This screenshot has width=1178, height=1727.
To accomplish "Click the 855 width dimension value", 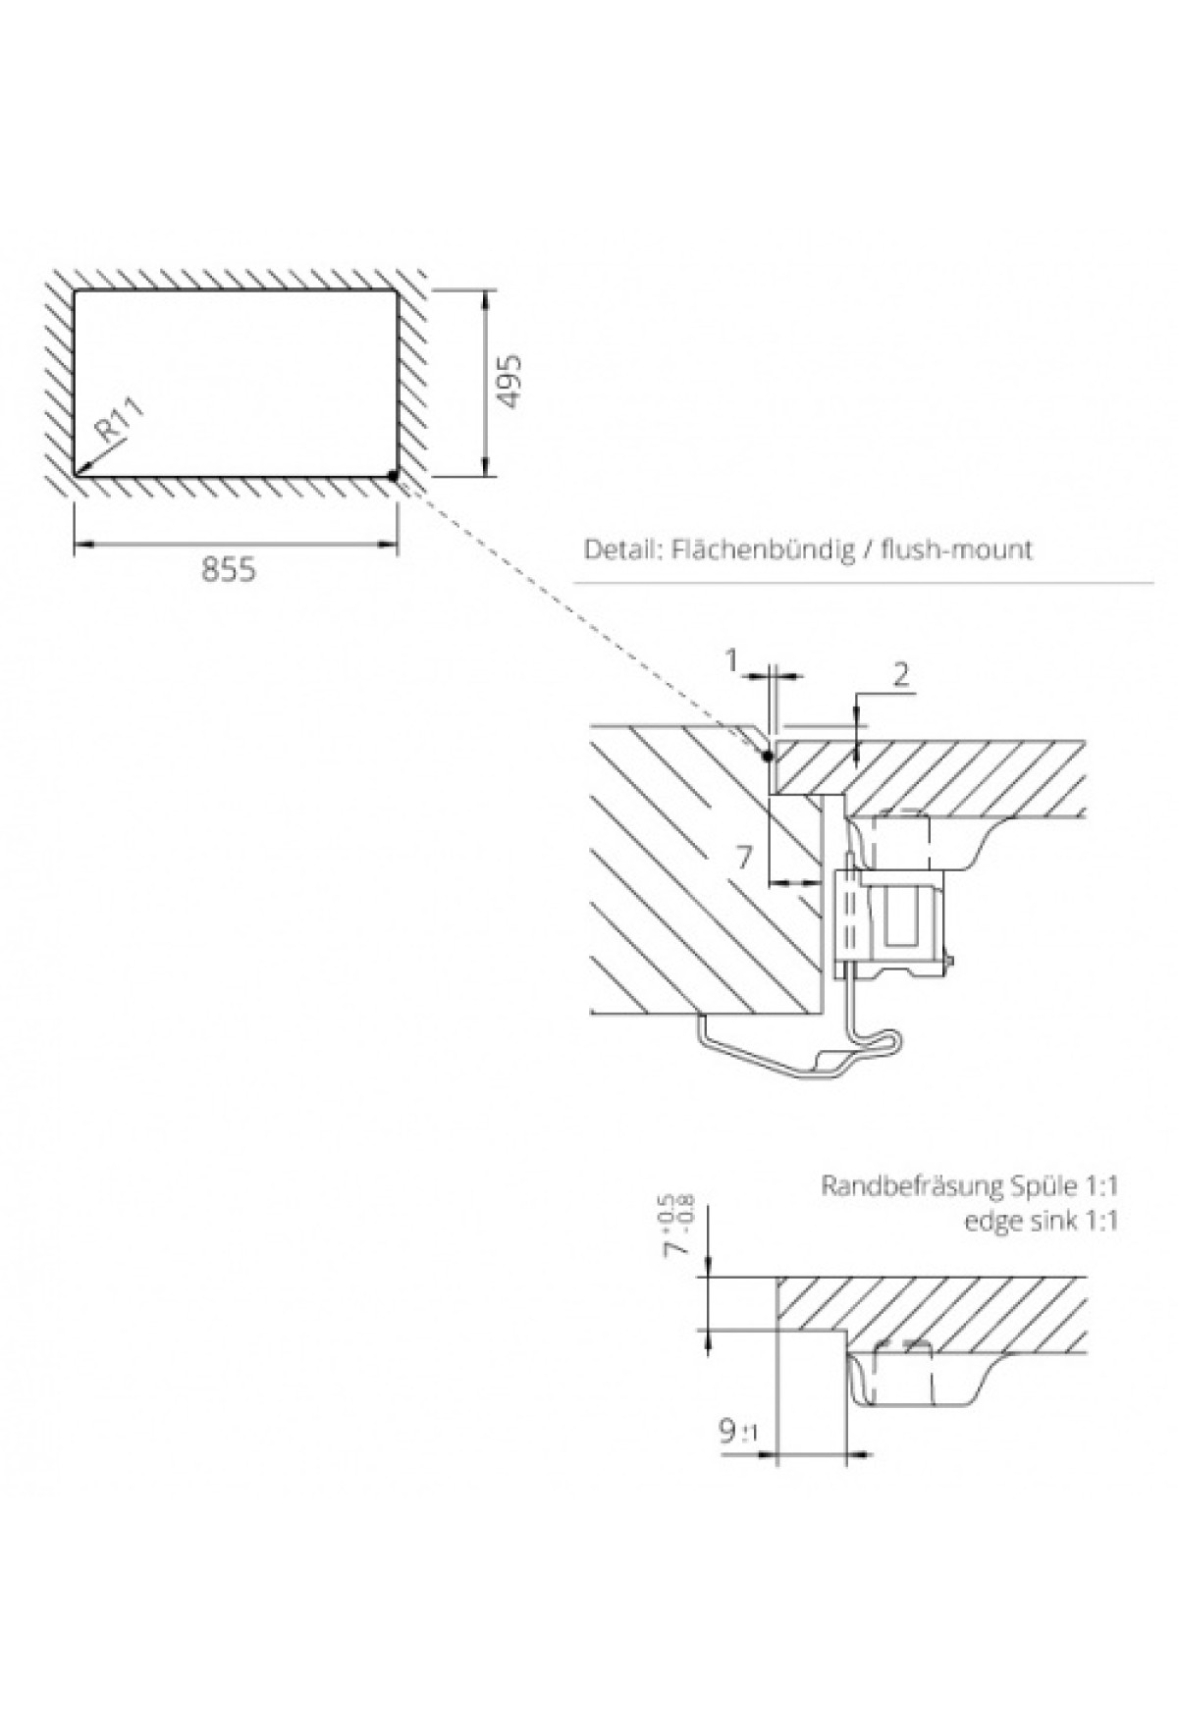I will click(x=228, y=569).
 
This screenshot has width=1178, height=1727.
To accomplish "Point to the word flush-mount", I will click(x=956, y=549).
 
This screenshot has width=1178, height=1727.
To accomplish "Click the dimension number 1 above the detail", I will click(x=731, y=661).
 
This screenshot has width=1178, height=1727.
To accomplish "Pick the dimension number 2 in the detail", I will click(x=901, y=673).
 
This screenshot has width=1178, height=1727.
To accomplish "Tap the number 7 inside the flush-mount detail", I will click(x=744, y=859).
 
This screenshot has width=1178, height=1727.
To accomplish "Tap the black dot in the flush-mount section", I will click(x=767, y=756).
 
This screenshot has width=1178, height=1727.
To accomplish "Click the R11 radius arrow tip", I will click(x=79, y=472).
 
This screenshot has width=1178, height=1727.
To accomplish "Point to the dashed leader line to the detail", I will click(x=579, y=618).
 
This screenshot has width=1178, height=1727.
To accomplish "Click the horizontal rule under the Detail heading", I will click(x=864, y=584).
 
